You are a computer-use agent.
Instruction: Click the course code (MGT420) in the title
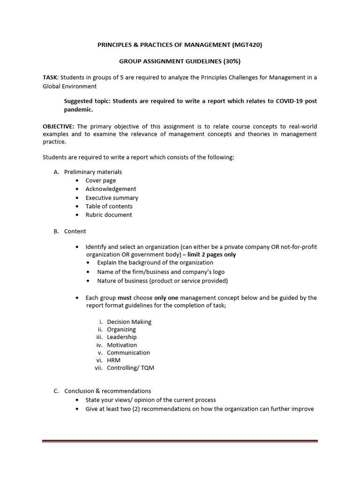click(250, 45)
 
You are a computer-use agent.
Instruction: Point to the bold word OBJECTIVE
click(59, 127)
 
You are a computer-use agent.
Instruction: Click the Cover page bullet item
click(100, 180)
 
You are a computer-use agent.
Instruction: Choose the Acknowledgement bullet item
click(111, 189)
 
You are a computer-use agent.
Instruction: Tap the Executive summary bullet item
click(112, 198)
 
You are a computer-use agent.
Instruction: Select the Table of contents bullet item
click(109, 206)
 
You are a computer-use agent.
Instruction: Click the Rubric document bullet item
click(108, 215)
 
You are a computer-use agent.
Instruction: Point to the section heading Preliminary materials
click(93, 172)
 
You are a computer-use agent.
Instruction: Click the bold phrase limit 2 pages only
click(212, 255)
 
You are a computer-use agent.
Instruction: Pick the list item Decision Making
click(129, 322)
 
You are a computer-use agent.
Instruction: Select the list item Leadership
click(121, 337)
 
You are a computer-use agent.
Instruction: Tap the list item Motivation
click(122, 345)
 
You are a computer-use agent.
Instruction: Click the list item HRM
click(114, 360)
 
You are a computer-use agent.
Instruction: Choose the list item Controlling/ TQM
click(130, 368)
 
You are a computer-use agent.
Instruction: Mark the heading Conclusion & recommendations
click(107, 391)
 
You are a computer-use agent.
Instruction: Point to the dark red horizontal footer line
click(180, 441)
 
